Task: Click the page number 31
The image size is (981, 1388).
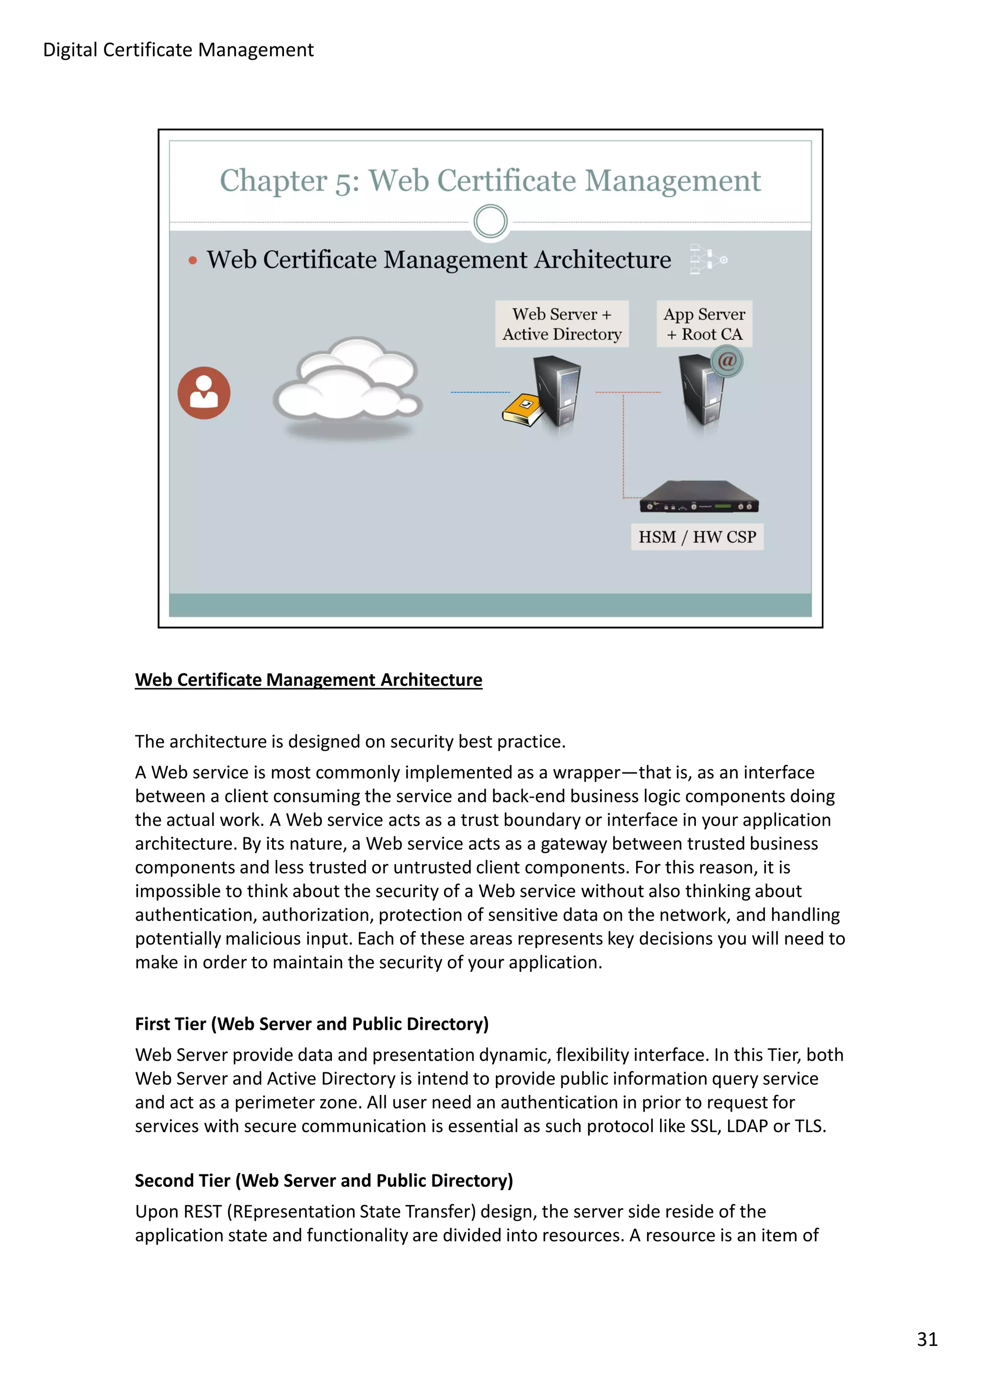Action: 926,1339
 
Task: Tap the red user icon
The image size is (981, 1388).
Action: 204,393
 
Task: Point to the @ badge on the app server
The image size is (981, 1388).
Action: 727,361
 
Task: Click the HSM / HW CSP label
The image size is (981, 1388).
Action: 697,537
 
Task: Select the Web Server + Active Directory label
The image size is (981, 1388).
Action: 561,324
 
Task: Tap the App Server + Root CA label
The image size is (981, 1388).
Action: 704,324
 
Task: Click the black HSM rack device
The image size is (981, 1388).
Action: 699,498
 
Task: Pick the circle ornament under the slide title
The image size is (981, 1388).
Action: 490,221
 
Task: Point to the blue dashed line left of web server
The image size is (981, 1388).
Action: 480,392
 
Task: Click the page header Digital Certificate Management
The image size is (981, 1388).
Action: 178,50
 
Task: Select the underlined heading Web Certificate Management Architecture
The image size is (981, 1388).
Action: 308,680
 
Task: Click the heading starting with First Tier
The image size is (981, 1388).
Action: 311,1024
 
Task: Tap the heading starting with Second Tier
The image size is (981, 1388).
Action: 323,1180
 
